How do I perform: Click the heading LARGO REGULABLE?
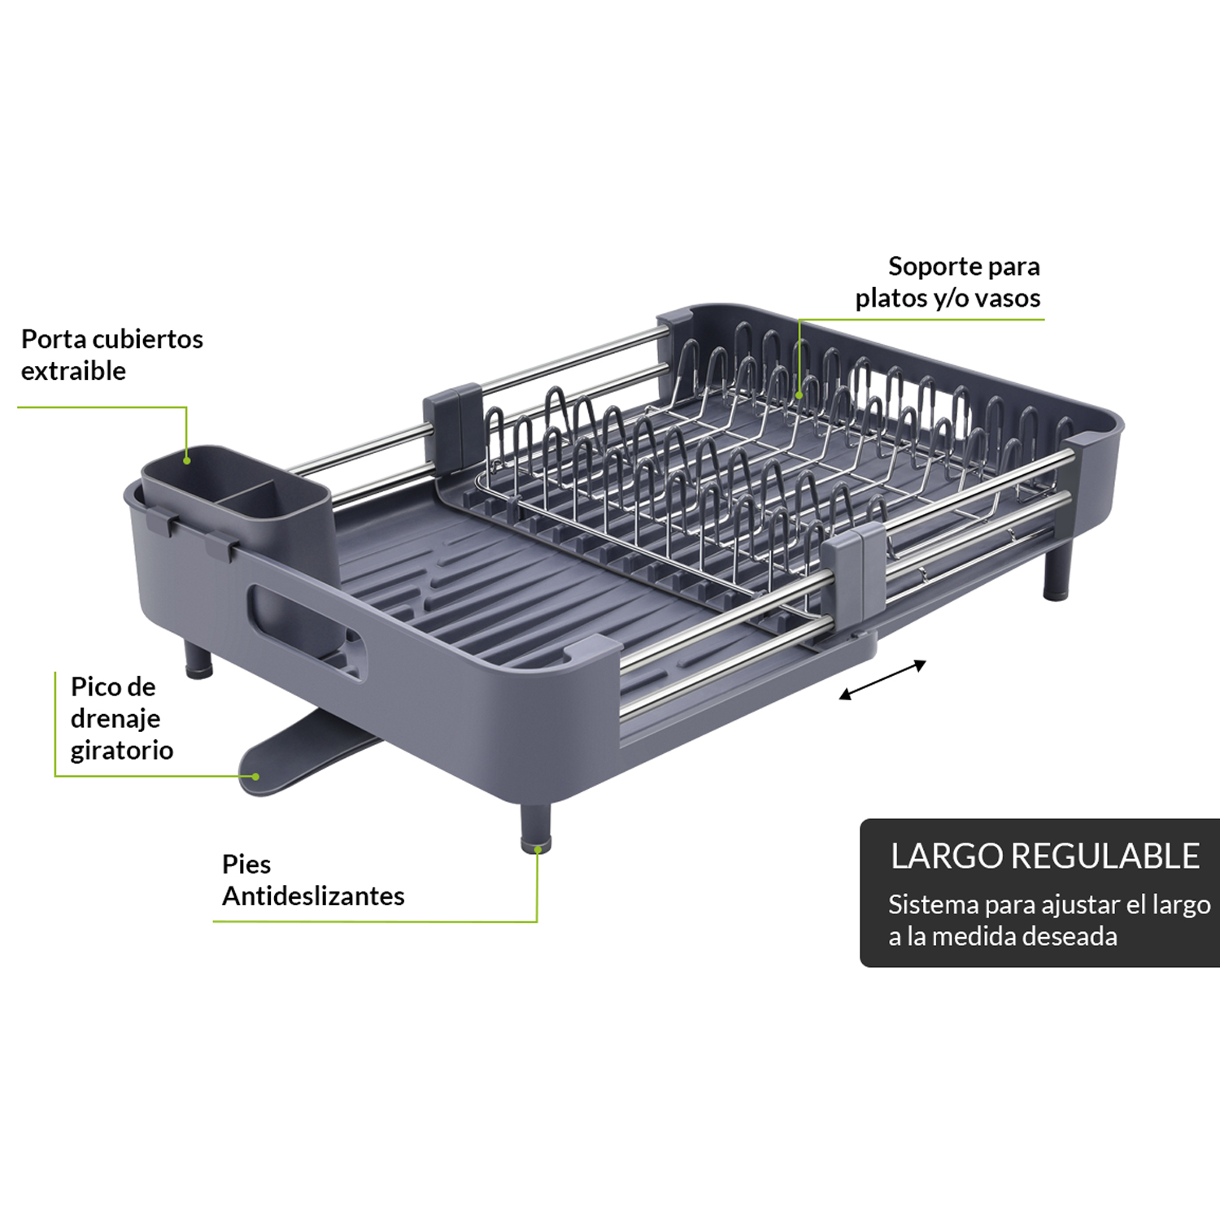(1045, 856)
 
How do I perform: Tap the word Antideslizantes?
(313, 895)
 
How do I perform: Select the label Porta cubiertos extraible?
(112, 355)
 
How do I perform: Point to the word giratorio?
(122, 750)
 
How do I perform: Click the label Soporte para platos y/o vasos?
(948, 282)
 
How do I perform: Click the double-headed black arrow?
(882, 680)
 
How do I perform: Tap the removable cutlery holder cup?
(237, 504)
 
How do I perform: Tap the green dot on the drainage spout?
(255, 776)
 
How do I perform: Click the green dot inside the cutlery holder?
(186, 460)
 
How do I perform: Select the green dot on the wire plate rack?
(800, 395)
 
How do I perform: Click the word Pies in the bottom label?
(246, 864)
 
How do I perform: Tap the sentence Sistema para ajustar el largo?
(1049, 905)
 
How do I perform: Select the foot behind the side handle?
(198, 660)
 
